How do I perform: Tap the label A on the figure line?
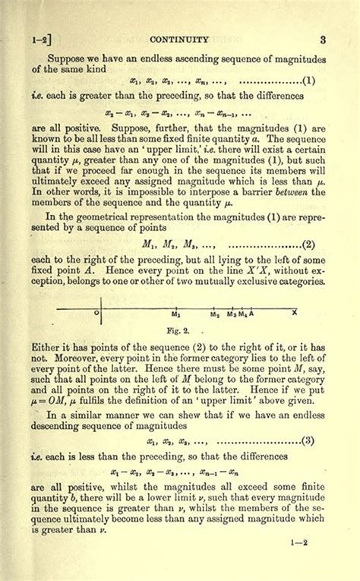[251, 314]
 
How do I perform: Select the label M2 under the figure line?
[215, 314]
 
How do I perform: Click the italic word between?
[288, 192]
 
